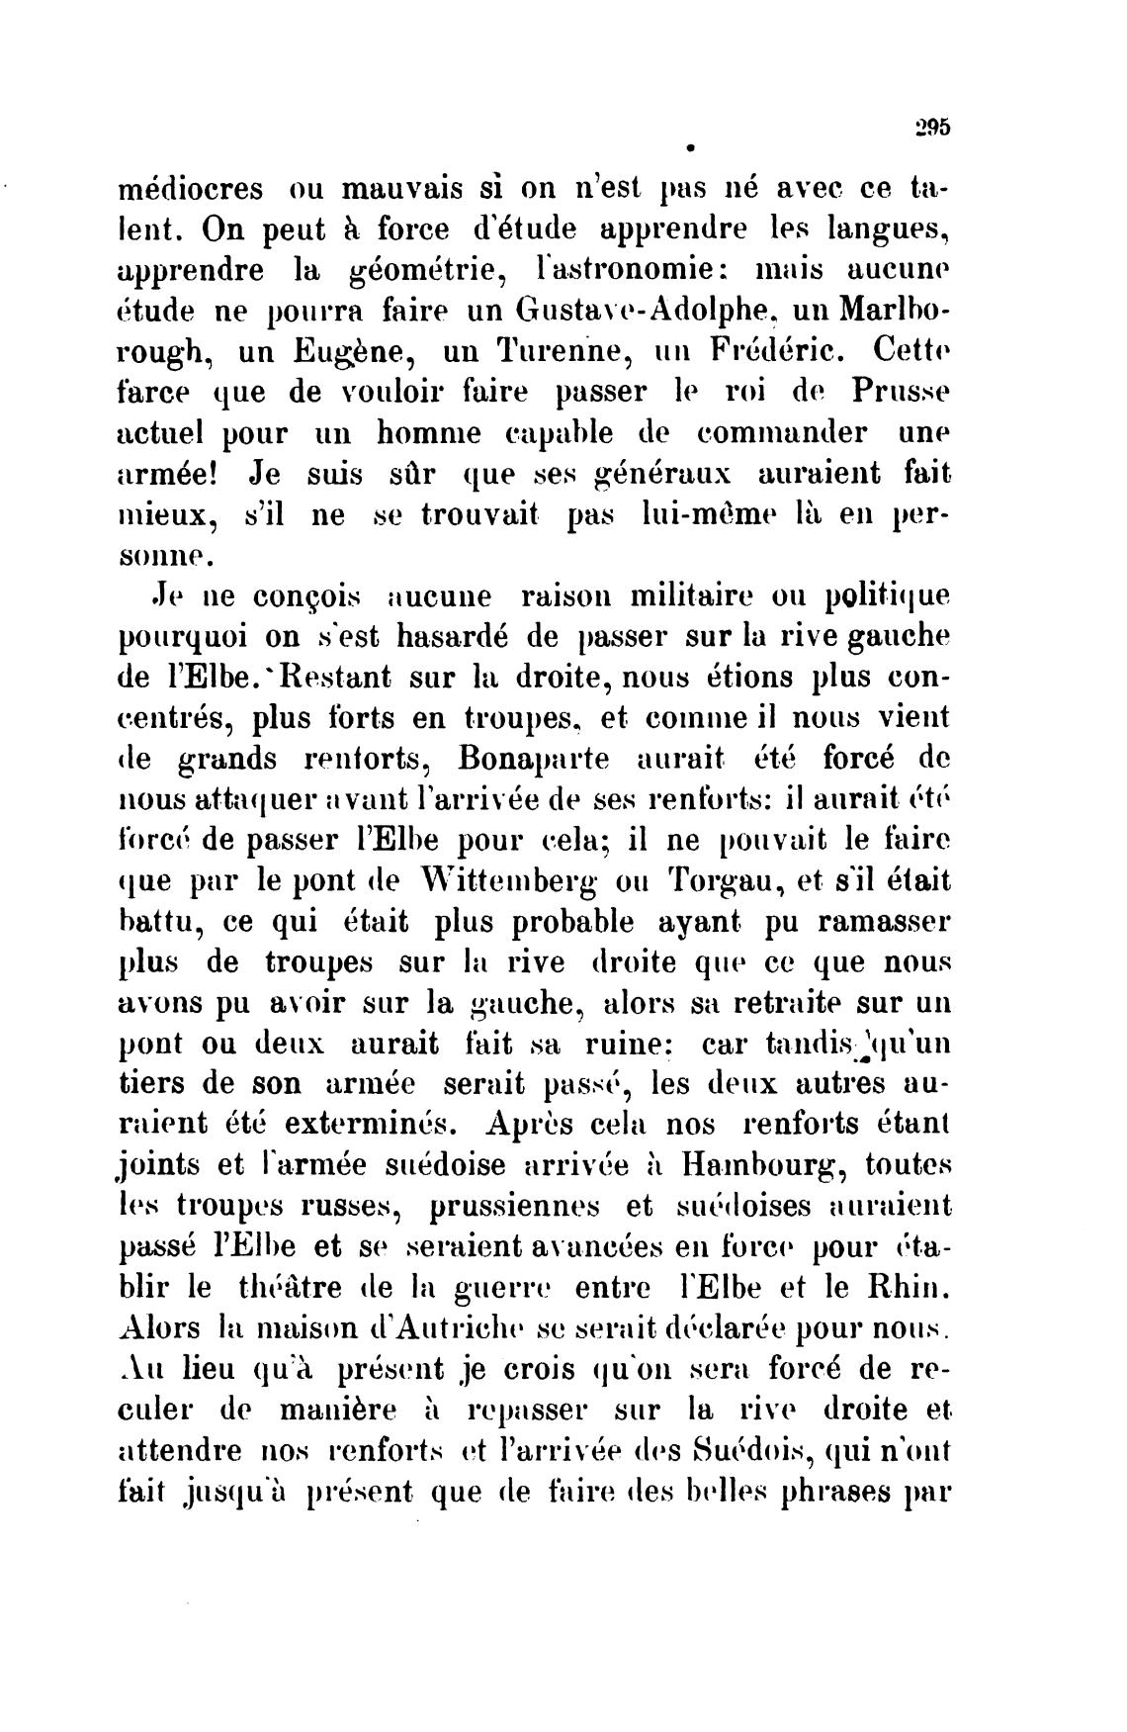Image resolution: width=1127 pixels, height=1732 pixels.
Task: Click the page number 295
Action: tap(932, 126)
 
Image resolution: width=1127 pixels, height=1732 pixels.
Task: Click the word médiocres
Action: tap(192, 189)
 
